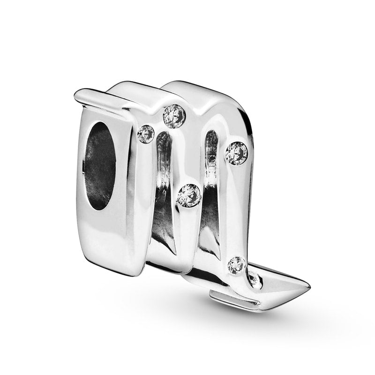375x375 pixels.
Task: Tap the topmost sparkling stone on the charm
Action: [x=174, y=116]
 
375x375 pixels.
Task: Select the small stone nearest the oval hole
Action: [x=146, y=135]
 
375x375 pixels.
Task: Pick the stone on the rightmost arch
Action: [x=236, y=153]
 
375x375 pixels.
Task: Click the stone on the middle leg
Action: [x=188, y=195]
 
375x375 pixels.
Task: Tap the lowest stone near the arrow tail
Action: [x=236, y=265]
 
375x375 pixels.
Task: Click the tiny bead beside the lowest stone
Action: [x=254, y=279]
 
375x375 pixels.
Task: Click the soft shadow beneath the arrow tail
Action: [x=262, y=314]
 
